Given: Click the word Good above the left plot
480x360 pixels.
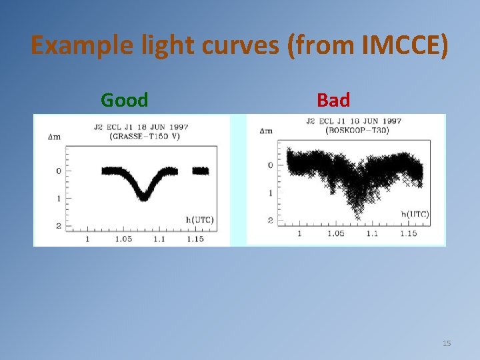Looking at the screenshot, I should (x=124, y=101).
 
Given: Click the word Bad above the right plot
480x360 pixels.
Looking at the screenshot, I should (x=333, y=101).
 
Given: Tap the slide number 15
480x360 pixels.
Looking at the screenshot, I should (x=447, y=343).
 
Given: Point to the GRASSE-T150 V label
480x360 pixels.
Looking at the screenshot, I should (x=141, y=136).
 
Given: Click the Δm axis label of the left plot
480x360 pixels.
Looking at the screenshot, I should (x=55, y=137).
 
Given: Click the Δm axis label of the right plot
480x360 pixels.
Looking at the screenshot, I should (x=265, y=130).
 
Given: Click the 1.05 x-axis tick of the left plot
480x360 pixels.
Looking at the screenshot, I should (x=123, y=238).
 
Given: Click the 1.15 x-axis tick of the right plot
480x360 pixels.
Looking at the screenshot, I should (x=408, y=233).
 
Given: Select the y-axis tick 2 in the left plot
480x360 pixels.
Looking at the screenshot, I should (x=59, y=226).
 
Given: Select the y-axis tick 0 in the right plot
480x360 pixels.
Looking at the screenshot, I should (x=270, y=165).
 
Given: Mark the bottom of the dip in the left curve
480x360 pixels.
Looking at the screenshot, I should (x=143, y=197).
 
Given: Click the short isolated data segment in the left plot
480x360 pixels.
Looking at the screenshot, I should (x=201, y=171).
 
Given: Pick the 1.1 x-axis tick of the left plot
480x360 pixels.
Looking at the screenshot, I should (x=159, y=238).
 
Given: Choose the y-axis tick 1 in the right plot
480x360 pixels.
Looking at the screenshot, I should (x=270, y=193).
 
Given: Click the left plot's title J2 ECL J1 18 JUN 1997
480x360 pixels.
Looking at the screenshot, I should (x=141, y=127).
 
